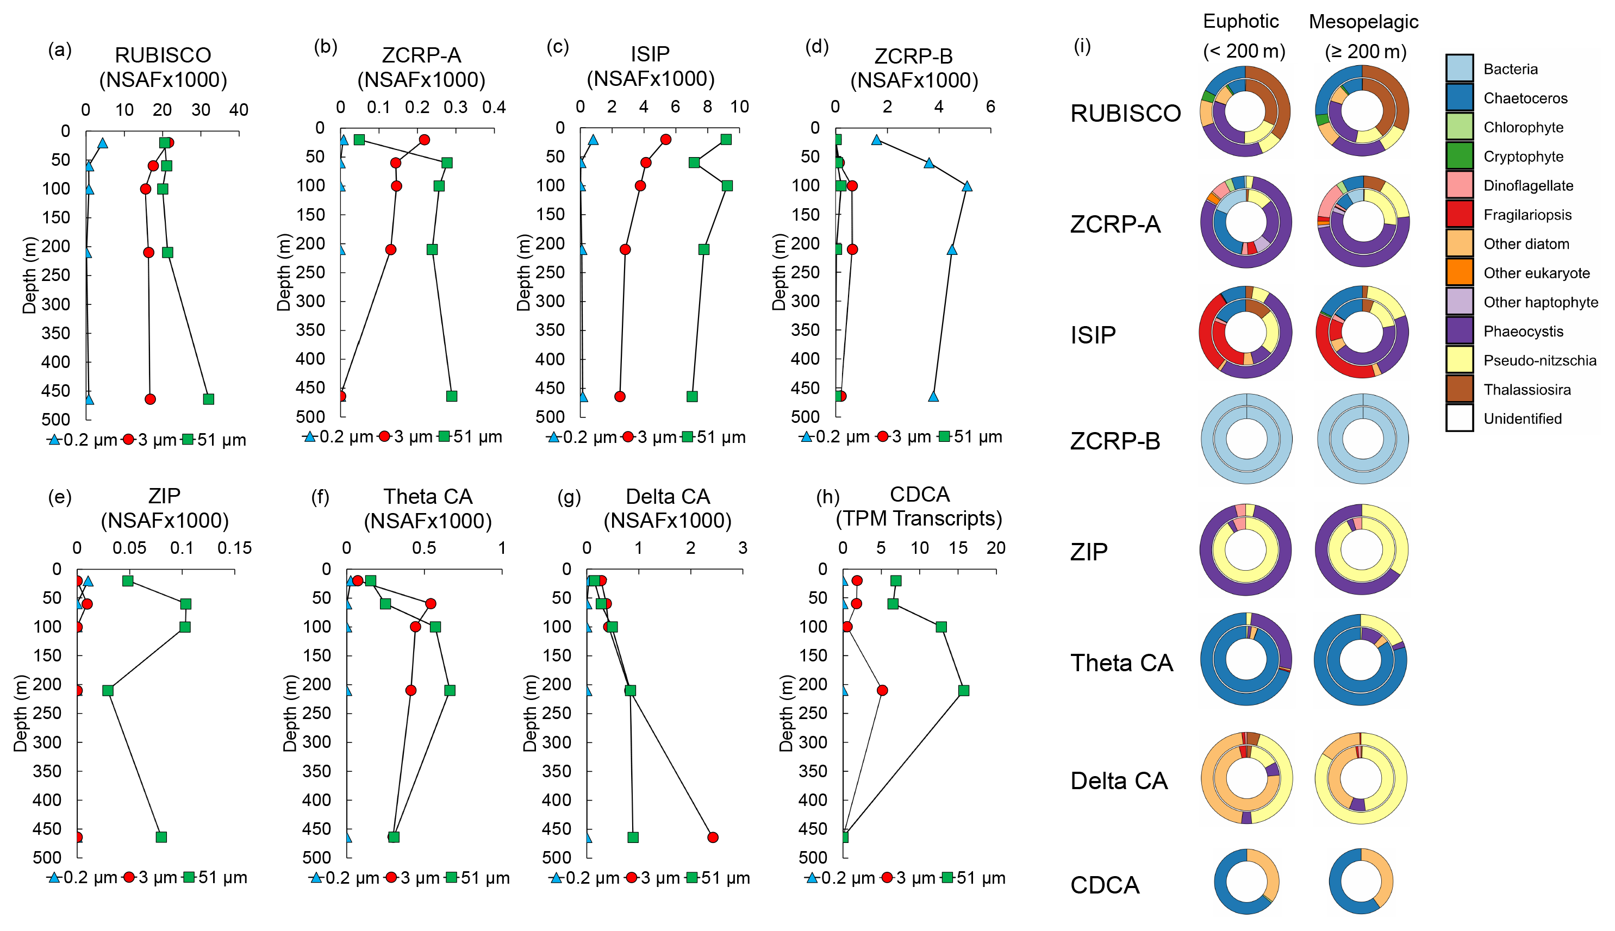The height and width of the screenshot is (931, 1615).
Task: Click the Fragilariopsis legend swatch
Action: (1459, 214)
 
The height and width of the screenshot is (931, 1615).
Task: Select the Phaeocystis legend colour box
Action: (1459, 330)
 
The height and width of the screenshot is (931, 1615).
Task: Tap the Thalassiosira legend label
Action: (1527, 389)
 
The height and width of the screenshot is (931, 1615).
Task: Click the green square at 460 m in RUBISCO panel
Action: (208, 399)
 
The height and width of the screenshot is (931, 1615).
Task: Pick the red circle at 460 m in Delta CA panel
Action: (713, 837)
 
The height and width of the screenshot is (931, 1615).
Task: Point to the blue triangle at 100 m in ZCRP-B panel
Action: (966, 186)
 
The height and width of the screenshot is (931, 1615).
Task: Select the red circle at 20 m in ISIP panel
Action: (665, 139)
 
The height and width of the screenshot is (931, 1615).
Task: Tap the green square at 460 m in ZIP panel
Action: (161, 837)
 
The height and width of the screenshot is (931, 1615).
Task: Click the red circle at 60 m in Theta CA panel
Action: (431, 604)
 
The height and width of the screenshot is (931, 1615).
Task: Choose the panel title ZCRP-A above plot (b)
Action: (421, 55)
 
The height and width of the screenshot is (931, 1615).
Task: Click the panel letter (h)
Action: (828, 497)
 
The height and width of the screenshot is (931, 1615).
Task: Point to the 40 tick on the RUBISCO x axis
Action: (239, 110)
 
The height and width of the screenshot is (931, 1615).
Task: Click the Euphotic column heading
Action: (1240, 22)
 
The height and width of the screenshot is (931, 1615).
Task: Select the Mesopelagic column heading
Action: (1363, 22)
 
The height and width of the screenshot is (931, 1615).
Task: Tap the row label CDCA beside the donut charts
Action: (1104, 885)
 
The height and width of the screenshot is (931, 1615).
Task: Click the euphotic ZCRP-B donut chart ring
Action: (1209, 440)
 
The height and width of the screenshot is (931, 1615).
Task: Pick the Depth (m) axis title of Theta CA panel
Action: (290, 713)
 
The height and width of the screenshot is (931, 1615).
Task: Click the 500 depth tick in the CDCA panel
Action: (813, 858)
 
